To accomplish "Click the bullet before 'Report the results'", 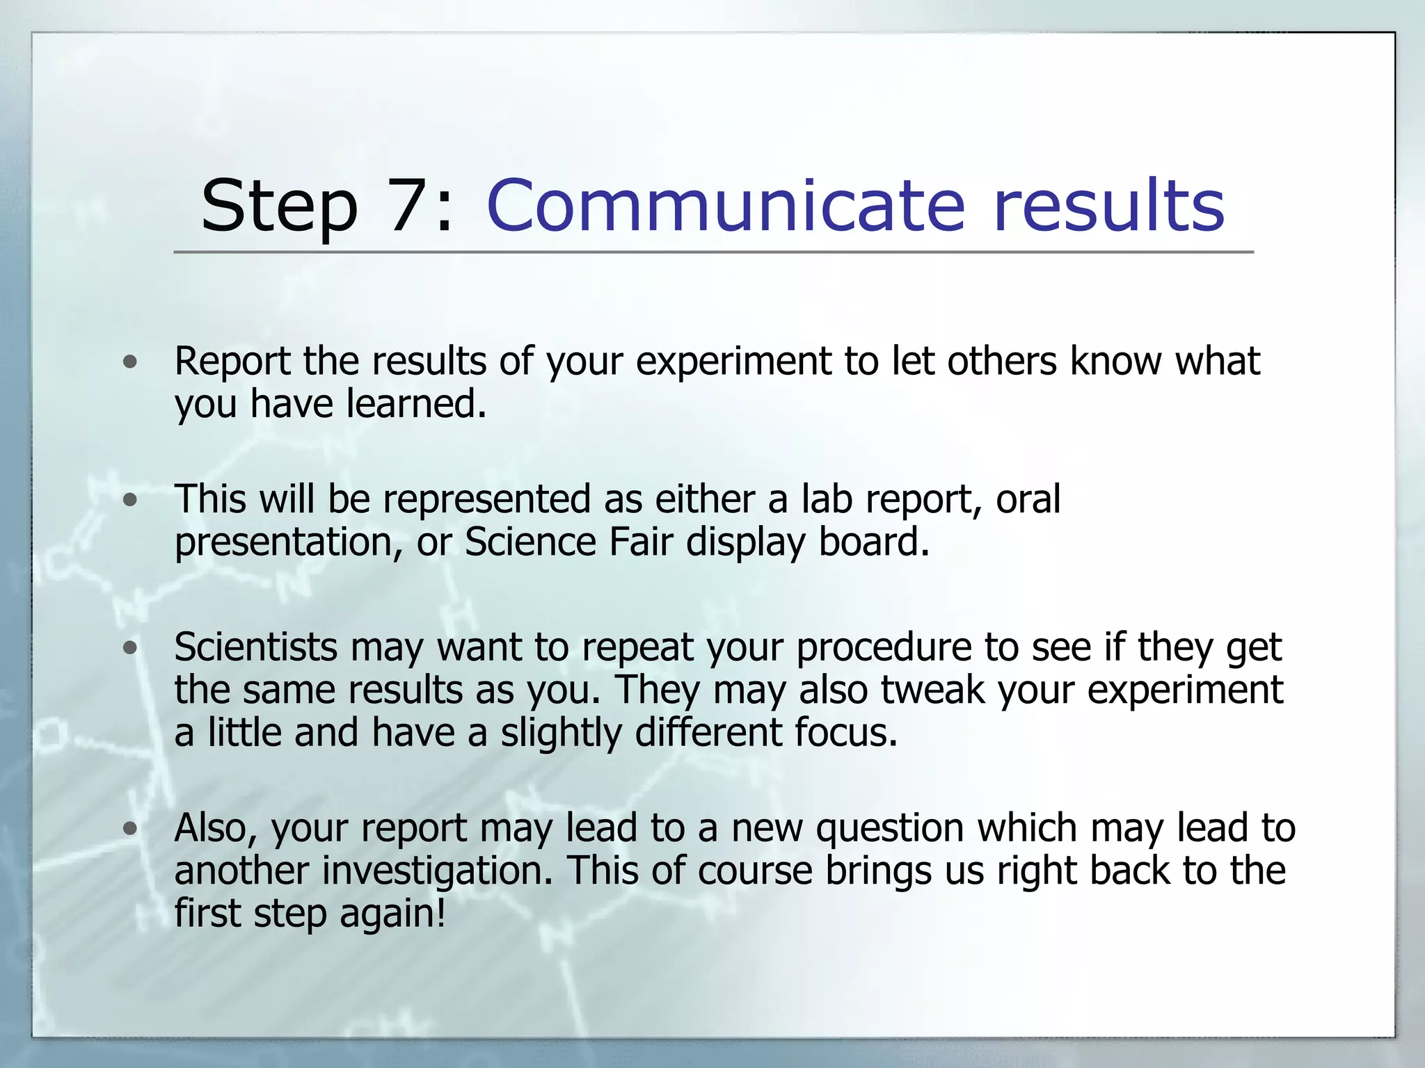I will click(129, 362).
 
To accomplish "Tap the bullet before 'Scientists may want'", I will click(129, 648).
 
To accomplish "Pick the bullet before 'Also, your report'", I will click(129, 828).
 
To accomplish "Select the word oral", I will click(1028, 499).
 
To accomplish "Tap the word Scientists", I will click(255, 648).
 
